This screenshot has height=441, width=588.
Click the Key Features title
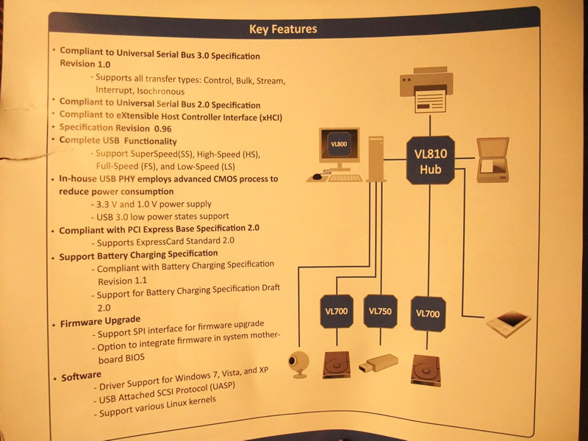click(x=283, y=29)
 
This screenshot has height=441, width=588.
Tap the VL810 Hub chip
click(x=430, y=160)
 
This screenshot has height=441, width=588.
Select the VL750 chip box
click(x=380, y=311)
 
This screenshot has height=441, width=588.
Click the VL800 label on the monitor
click(x=339, y=144)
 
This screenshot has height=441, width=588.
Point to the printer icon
click(x=426, y=90)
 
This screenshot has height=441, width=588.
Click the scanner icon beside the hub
click(x=492, y=159)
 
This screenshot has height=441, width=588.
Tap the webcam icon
click(x=298, y=364)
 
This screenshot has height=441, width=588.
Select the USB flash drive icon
click(x=378, y=363)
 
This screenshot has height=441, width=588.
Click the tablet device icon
click(x=508, y=323)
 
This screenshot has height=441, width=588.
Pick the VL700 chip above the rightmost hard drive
click(x=428, y=314)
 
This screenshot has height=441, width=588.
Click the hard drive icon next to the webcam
click(x=337, y=365)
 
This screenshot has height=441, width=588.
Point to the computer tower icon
click(x=376, y=159)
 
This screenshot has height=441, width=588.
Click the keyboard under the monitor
click(x=345, y=178)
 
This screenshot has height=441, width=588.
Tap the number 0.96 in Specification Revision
click(x=162, y=129)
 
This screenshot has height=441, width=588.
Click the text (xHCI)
click(x=270, y=118)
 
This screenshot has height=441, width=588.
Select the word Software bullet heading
click(x=82, y=376)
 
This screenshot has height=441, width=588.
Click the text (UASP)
click(x=222, y=387)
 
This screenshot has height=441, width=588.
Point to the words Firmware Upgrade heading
click(x=101, y=321)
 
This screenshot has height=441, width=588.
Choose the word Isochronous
click(x=160, y=91)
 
